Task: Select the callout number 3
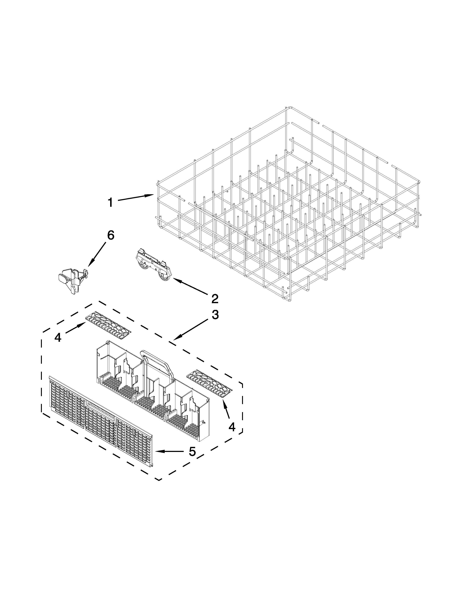tap(215, 315)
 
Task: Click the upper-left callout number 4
tap(58, 338)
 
